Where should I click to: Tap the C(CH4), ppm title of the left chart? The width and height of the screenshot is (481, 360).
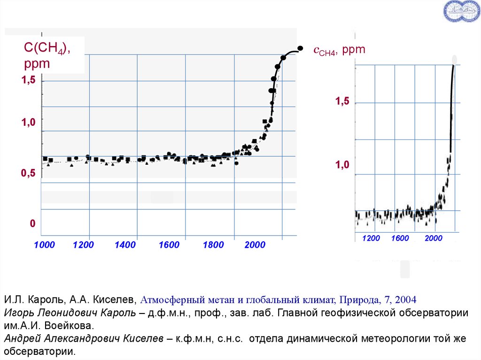click(47, 55)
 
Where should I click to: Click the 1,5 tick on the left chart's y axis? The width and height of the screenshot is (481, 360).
click(28, 81)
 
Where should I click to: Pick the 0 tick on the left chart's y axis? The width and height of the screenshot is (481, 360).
click(32, 224)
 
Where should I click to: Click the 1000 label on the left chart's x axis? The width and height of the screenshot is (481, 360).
click(45, 245)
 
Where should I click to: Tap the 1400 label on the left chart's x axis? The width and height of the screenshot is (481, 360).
click(125, 245)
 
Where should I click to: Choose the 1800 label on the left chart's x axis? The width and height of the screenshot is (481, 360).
click(213, 245)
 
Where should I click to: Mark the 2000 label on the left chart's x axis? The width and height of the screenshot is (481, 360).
click(255, 245)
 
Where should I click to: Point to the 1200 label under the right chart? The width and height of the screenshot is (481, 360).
click(371, 239)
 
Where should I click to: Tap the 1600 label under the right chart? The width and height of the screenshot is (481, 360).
click(400, 239)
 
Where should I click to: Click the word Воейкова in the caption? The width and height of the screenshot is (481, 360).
click(77, 325)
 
